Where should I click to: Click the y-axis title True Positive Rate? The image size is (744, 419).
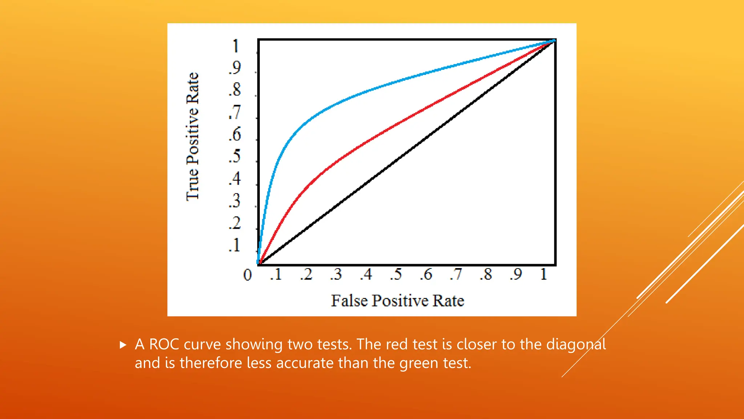(193, 136)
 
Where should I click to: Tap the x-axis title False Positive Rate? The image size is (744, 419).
(397, 301)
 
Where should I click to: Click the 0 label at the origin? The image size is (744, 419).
(247, 275)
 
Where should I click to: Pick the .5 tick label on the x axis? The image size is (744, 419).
(396, 274)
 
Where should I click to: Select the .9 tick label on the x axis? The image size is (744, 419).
(516, 274)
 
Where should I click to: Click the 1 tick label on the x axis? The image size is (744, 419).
(543, 274)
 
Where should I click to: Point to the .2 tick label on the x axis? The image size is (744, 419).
(306, 274)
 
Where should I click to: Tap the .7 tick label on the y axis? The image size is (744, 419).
(235, 112)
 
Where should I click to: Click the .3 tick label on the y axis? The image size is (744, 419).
(235, 201)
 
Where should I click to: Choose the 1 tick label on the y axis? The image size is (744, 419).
(236, 46)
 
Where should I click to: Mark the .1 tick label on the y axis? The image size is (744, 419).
(235, 245)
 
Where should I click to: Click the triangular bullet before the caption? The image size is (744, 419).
(123, 345)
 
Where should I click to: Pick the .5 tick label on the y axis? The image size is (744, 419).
(235, 156)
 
